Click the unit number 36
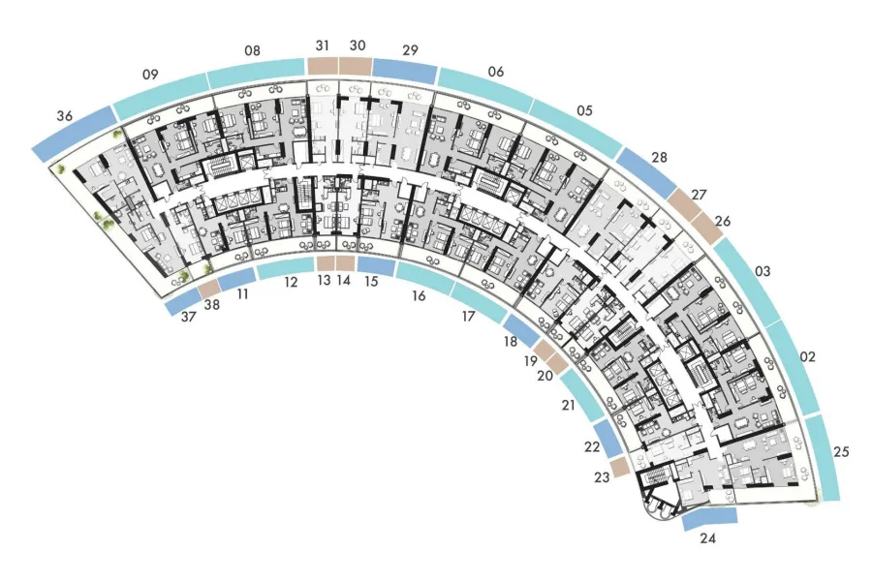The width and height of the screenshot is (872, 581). click(x=65, y=116)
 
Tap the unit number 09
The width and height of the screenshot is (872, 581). click(x=150, y=74)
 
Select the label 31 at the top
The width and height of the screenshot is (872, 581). click(x=323, y=46)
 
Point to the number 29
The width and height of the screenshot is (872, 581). click(x=410, y=50)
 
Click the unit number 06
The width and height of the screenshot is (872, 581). click(x=495, y=71)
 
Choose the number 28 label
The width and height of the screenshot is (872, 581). click(x=659, y=157)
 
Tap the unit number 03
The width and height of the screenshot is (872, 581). click(x=763, y=271)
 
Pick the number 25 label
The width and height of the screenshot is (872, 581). click(x=841, y=451)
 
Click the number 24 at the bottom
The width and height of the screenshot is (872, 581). click(x=707, y=538)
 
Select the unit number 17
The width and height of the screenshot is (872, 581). click(x=468, y=316)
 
